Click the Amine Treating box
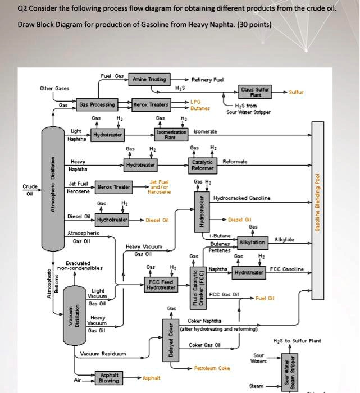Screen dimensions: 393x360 click(149, 81)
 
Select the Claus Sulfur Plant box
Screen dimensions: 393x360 click(255, 92)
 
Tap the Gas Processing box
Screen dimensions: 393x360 click(97, 105)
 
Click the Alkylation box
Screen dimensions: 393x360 click(252, 243)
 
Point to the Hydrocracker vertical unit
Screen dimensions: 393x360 click(198, 213)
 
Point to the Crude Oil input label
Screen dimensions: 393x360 click(29, 190)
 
